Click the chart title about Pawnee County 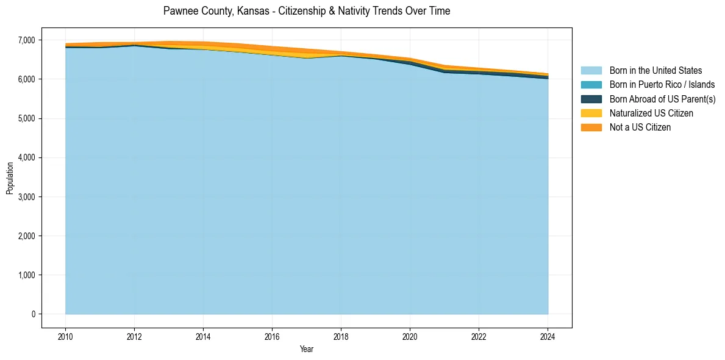[307, 11]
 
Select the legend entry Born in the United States [655, 71]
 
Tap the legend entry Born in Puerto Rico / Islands [662, 85]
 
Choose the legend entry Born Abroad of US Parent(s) [662, 99]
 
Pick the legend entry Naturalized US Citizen [651, 113]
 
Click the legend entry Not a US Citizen [640, 127]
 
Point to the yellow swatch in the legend [591, 113]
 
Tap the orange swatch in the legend [591, 127]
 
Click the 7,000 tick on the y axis [27, 40]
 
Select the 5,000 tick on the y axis [27, 118]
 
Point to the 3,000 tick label [27, 197]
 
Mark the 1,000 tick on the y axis [27, 275]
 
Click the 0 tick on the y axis [34, 314]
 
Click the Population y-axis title [10, 178]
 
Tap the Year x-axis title [307, 349]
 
